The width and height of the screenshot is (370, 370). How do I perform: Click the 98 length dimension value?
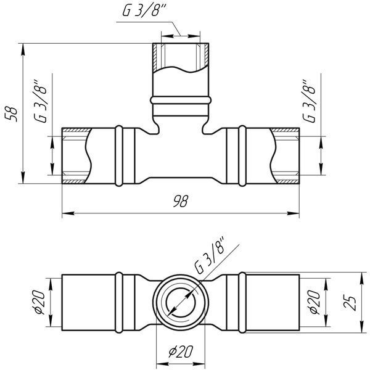pos(181,201)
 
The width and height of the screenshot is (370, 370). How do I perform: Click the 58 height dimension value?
pos(12,115)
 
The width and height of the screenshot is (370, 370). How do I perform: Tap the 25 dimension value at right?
pos(350,302)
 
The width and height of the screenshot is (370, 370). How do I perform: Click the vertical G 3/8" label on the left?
pos(40,101)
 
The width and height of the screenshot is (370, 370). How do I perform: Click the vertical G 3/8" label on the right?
pos(309,101)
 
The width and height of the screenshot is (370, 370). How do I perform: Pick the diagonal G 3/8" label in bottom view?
pos(210,256)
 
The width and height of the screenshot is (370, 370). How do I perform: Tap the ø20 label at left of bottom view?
pos(38,302)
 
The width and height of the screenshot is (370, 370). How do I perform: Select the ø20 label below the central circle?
pos(181,351)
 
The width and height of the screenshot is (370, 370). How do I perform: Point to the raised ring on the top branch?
pos(181,100)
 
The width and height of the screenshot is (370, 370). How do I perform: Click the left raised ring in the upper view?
pos(119,156)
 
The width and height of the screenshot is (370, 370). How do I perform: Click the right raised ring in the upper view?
pos(242,156)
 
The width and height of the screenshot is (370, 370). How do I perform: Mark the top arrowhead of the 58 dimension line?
pos(23,50)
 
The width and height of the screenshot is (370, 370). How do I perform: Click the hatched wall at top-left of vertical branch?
pos(155,57)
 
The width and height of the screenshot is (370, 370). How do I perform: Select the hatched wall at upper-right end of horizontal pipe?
pos(285,129)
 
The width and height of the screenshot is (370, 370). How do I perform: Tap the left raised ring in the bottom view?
pos(119,302)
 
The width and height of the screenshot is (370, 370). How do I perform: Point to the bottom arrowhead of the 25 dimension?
pos(361,327)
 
